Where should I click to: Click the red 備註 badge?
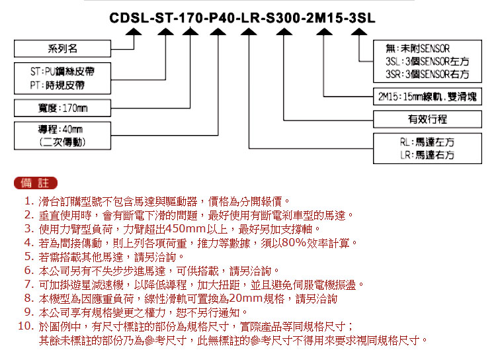pyautogui.click(x=36, y=183)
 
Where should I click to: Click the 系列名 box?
pyautogui.click(x=63, y=48)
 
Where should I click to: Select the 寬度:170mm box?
pyautogui.click(x=63, y=108)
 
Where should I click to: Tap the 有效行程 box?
pyautogui.click(x=427, y=119)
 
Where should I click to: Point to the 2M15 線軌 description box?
pyautogui.click(x=427, y=96)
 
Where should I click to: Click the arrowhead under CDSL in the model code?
pyautogui.click(x=134, y=32)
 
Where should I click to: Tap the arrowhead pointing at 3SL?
pyautogui.click(x=359, y=32)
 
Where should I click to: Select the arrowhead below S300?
pyautogui.click(x=284, y=32)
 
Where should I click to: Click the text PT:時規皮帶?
pyautogui.click(x=58, y=85)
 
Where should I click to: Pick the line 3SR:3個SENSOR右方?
pyautogui.click(x=427, y=74)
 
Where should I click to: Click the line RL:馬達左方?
pyautogui.click(x=427, y=142)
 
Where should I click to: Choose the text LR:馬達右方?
pyautogui.click(x=427, y=155)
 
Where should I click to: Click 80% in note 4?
pyautogui.click(x=294, y=242)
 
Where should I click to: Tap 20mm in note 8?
pyautogui.click(x=245, y=298)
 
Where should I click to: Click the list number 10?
pyautogui.click(x=26, y=326)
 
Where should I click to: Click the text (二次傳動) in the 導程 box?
pyautogui.click(x=63, y=142)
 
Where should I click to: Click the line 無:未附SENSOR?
pyautogui.click(x=418, y=48)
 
